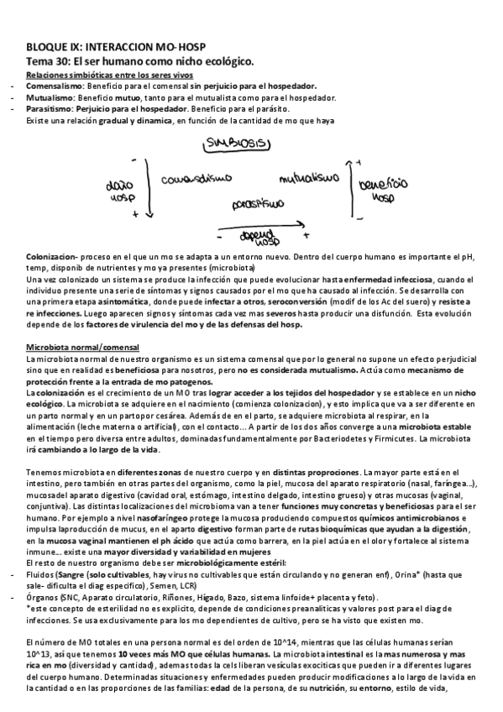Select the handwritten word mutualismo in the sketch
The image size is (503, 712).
308,179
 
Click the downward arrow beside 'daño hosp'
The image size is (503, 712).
148,186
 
